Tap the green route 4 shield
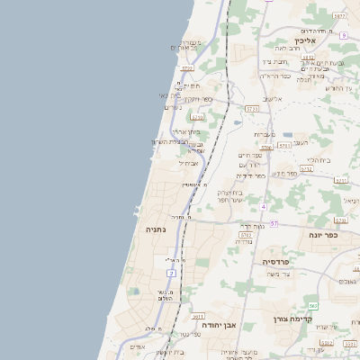click(264, 206)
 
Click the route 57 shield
click(274, 223)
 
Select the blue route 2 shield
click(171, 272)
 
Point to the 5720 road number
click(187, 67)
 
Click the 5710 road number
click(197, 116)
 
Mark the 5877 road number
click(338, 16)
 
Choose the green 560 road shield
click(313, 307)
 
